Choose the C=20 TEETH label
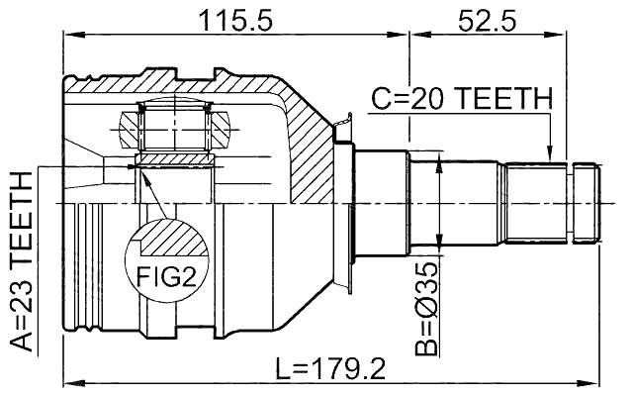(x=461, y=98)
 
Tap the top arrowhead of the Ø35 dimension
(x=438, y=159)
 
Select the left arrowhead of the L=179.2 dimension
(x=70, y=381)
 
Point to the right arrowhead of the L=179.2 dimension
(x=595, y=381)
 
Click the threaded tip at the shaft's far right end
(x=588, y=202)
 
